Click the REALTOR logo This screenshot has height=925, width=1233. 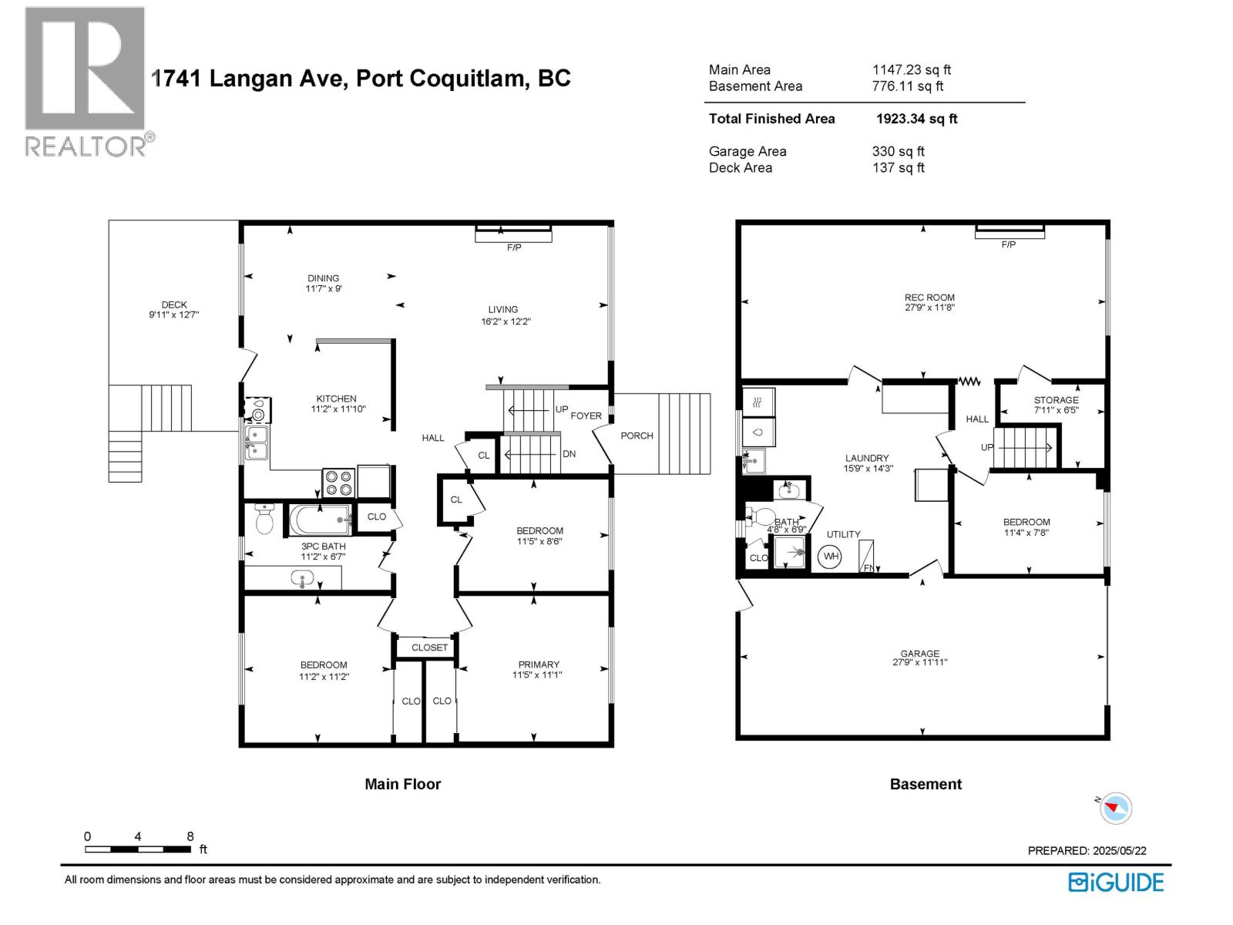tap(85, 81)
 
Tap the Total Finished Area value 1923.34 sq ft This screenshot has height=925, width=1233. tap(916, 119)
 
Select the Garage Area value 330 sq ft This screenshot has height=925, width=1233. tap(898, 151)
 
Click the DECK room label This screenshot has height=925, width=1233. tap(174, 304)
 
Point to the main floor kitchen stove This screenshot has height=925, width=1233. tap(338, 483)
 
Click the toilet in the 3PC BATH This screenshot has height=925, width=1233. tap(264, 520)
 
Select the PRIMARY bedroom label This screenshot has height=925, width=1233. tap(539, 664)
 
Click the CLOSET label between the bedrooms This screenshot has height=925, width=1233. tap(429, 647)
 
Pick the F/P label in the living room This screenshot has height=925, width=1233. tap(514, 247)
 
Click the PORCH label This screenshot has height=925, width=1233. tap(637, 436)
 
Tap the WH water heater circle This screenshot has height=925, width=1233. tap(830, 557)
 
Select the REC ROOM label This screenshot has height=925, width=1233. tap(929, 298)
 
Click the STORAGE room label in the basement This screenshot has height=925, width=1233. tap(1056, 400)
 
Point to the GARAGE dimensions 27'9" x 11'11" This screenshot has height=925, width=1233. tap(919, 662)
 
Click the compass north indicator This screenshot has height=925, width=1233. tap(1114, 808)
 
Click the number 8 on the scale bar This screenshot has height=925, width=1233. tap(190, 836)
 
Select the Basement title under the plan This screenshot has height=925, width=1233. tap(926, 784)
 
